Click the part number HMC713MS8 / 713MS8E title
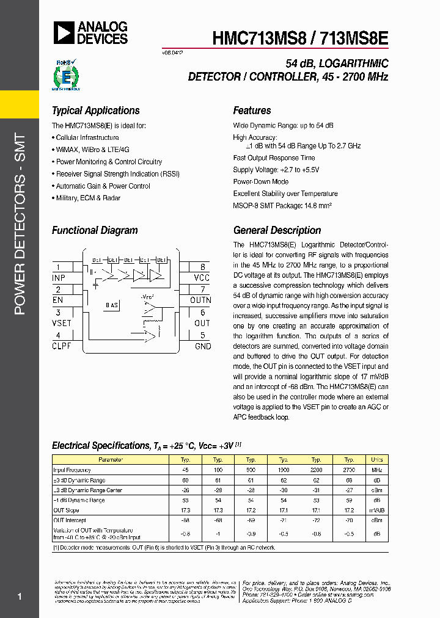pos(300,37)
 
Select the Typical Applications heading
pos(95,111)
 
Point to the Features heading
pos(252,111)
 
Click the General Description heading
pos(277,230)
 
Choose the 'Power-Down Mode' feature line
pos(260,182)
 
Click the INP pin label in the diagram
pos(59,278)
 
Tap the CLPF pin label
pos(62,346)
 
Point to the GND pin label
pos(202,346)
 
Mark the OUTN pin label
pos(200,300)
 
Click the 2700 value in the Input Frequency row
pos(349,470)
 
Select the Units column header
pos(377,460)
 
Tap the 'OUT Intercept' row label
pos(70,520)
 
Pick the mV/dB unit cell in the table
pos(377,510)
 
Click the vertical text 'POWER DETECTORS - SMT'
pos(20,224)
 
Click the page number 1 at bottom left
pos(20,596)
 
